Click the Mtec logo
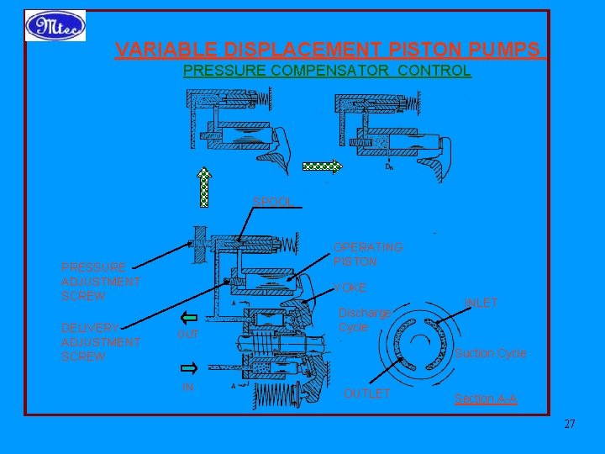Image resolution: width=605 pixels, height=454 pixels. tap(55, 25)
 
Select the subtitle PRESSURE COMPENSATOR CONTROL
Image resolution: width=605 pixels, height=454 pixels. tap(327, 71)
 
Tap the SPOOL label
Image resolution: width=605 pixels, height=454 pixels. tap(273, 202)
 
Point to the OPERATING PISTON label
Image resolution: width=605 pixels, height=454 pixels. tap(368, 254)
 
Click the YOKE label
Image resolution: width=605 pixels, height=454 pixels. tap(350, 288)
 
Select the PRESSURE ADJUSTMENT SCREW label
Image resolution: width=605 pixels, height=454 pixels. tap(100, 282)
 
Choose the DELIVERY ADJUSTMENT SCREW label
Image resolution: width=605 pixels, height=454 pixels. tap(100, 342)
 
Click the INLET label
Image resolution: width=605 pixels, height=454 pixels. tap(481, 303)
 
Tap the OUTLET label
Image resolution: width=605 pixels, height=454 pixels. tap(367, 393)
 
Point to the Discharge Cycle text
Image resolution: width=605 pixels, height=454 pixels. tap(365, 319)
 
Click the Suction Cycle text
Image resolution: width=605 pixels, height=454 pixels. tap(491, 354)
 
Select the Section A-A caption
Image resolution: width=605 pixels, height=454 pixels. tap(486, 399)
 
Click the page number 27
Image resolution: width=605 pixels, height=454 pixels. tap(569, 424)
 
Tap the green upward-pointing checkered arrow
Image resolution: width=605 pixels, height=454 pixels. tap(203, 186)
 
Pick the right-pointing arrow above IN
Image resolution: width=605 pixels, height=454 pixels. tap(188, 368)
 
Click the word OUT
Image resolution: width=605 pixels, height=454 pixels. tap(188, 335)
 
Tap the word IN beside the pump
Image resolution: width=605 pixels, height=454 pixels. tap(188, 386)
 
